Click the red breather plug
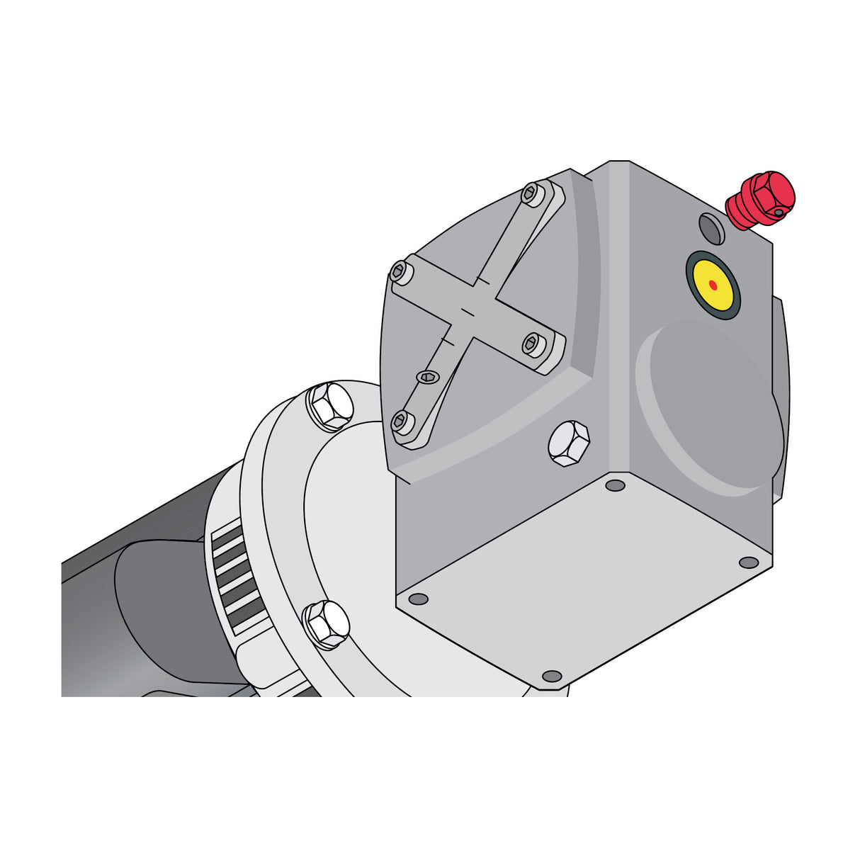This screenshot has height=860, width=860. pos(761,200)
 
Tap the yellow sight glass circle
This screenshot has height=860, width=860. pos(713,285)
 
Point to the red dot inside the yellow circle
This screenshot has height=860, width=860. pos(713,285)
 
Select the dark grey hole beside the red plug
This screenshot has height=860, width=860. pos(711,228)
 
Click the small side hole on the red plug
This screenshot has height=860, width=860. pos(779,212)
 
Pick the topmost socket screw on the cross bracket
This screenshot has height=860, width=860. pos(531,193)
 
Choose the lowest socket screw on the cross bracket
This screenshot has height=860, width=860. pos(402,421)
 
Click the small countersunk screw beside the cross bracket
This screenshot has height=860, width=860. pos(428,377)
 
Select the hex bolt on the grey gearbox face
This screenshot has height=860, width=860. pos(569,443)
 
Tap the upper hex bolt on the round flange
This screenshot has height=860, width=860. pos(329,406)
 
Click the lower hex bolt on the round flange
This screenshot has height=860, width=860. pos(327,624)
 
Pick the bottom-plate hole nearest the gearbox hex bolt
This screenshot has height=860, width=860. pos(616,485)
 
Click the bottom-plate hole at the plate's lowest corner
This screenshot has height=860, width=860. pos(551,676)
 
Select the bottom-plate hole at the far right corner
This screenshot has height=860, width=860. pos(748,562)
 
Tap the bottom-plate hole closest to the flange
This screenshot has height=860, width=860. pos(419,599)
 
